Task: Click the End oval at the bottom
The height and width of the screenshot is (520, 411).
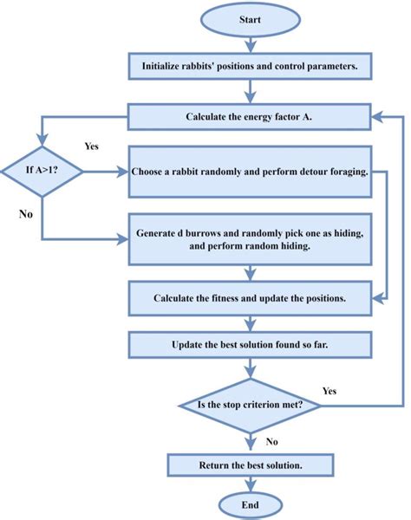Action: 249,505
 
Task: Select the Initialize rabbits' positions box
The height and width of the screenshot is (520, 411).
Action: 249,65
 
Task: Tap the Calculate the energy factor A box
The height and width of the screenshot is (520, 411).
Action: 249,116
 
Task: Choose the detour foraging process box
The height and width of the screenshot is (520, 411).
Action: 249,172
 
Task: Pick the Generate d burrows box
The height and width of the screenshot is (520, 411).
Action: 249,240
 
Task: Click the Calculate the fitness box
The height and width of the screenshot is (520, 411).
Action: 249,298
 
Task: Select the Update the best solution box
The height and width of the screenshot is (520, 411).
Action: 249,346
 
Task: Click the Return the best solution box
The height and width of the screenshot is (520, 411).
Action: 249,465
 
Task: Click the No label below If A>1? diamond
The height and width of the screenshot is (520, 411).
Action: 26,213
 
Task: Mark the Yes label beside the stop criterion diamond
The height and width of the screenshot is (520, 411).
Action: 330,390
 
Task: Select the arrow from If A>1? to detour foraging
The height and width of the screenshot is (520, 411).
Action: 106,172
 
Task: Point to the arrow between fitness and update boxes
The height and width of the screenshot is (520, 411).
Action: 249,322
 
